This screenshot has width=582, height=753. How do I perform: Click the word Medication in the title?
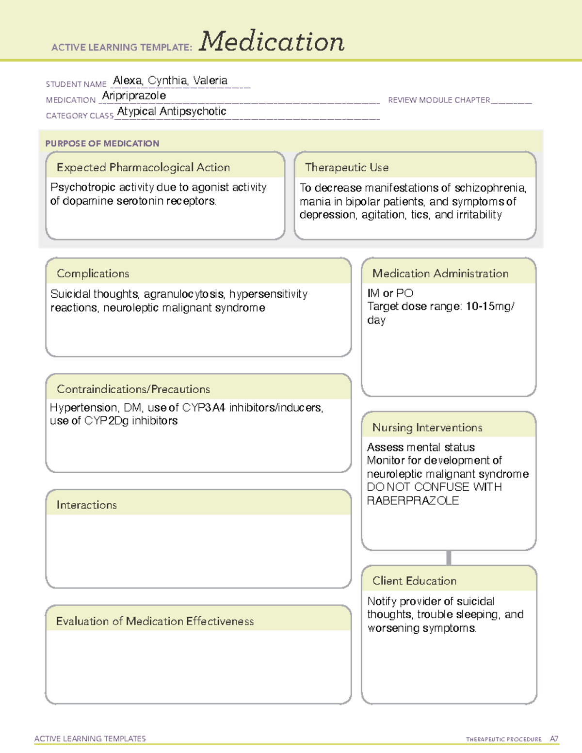coord(272,42)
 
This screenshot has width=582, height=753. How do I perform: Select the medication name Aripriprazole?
coord(134,96)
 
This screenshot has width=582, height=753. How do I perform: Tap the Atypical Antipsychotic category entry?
coord(172,112)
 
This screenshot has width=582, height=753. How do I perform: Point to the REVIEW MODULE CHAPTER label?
coord(439,100)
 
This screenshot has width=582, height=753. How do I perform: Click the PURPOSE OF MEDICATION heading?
coord(102,144)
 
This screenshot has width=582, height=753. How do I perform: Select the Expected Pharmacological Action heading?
coord(143,167)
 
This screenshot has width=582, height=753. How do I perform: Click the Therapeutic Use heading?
coord(346,167)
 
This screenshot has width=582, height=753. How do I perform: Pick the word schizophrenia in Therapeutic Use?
coord(490,188)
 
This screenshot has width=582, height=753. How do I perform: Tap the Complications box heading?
coord(93,273)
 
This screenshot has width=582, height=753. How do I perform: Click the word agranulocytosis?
coord(184,294)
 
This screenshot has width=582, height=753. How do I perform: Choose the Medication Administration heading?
coord(440,273)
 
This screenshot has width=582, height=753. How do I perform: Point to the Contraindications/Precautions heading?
coord(133,389)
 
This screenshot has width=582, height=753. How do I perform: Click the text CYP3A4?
coord(204,408)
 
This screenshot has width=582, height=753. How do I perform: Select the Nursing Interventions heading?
coord(427,428)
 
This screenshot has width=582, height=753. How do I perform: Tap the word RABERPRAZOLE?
coord(412,500)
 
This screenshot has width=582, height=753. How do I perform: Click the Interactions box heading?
coord(86,505)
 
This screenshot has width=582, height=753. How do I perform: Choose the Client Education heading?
coord(414,581)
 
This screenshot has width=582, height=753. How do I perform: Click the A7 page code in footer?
coord(554,739)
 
